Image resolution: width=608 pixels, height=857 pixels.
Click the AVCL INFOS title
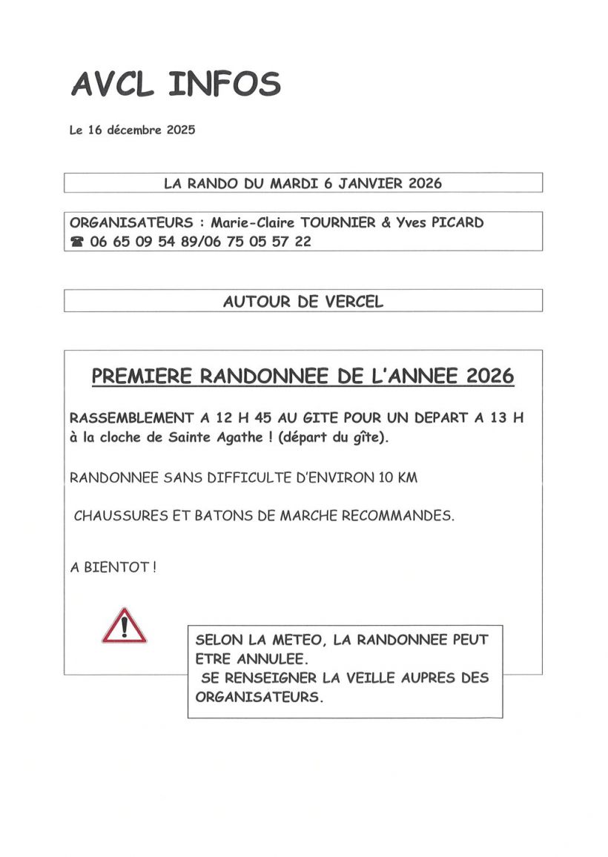point(176,84)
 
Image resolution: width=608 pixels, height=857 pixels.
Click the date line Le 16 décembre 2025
point(132,130)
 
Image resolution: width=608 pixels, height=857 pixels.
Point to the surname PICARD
point(455,222)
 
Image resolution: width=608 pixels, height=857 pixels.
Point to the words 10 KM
point(397,478)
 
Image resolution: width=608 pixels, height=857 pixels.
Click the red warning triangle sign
point(125,625)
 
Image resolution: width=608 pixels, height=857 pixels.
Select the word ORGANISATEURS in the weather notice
point(260,697)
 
